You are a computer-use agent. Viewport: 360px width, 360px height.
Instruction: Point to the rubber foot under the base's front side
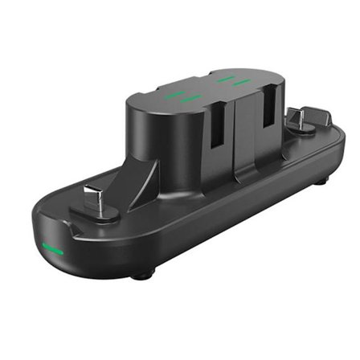(x=142, y=275)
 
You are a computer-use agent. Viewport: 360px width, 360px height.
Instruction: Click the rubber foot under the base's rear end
(x=320, y=182)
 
